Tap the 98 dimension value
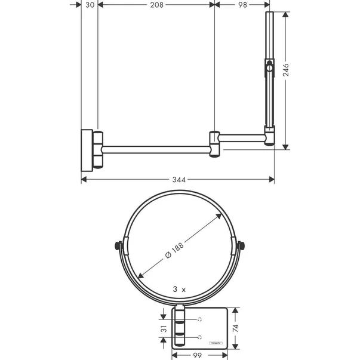242,5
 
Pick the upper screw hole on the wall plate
202,319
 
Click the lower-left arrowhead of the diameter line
140,276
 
